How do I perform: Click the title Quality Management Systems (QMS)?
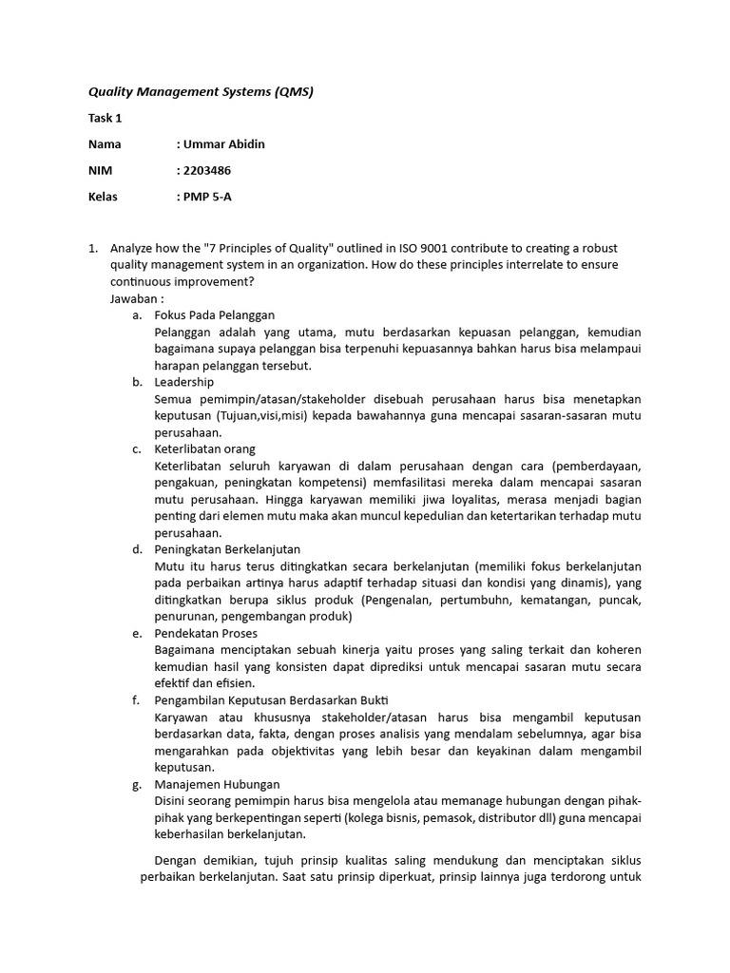pyautogui.click(x=201, y=92)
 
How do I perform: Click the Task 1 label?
pyautogui.click(x=105, y=119)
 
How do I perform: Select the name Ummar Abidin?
pyautogui.click(x=223, y=144)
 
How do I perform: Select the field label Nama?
pyautogui.click(x=105, y=144)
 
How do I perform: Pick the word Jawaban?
pyautogui.click(x=136, y=298)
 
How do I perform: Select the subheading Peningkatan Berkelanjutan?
pyautogui.click(x=227, y=549)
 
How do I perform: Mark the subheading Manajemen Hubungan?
pyautogui.click(x=217, y=784)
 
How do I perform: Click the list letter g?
pyautogui.click(x=137, y=784)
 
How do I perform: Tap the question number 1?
pyautogui.click(x=92, y=248)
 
